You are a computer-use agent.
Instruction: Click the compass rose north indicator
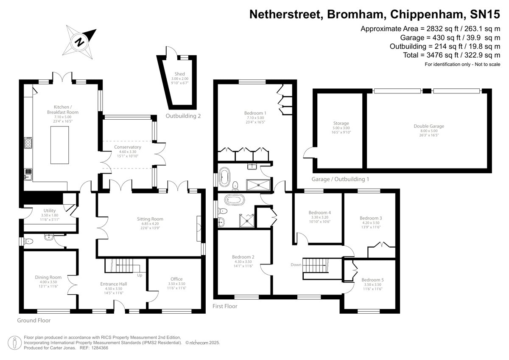click(x=79, y=41)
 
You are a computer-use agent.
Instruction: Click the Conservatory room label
click(x=127, y=147)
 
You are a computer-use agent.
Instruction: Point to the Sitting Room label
click(x=150, y=219)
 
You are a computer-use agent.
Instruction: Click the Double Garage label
click(x=429, y=126)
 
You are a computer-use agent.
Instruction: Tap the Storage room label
click(x=341, y=124)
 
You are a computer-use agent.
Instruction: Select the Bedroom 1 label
click(x=254, y=112)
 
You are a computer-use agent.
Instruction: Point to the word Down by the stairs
click(x=296, y=265)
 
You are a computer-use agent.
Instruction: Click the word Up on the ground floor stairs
click(x=140, y=275)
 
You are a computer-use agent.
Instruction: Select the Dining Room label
click(x=48, y=277)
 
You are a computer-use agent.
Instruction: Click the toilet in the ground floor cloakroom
click(x=29, y=242)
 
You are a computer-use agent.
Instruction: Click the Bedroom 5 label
click(x=372, y=280)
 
